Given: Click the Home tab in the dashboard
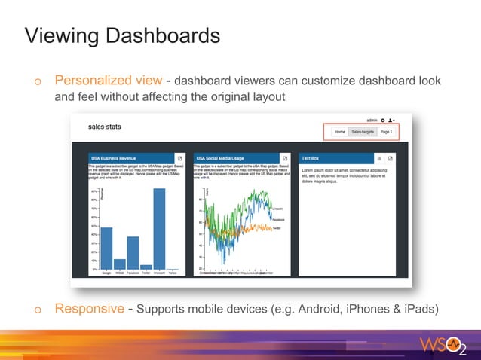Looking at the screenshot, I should tap(340, 132).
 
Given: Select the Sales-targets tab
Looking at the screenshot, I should tap(362, 132).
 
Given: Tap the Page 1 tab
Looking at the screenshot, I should tap(386, 132).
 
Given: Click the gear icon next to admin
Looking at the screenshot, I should tap(383, 120).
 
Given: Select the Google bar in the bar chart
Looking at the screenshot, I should tap(107, 248).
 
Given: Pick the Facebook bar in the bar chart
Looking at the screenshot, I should tap(133, 252).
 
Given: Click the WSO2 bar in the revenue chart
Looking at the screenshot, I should tap(120, 264).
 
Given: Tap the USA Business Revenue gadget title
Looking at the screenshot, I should tap(113, 158).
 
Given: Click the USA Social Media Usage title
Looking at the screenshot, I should tap(219, 158).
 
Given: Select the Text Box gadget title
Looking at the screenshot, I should tap(310, 158).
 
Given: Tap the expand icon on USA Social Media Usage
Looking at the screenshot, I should tap(285, 158).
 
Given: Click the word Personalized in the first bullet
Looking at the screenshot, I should tap(108, 80).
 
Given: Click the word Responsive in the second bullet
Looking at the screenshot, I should tap(89, 309).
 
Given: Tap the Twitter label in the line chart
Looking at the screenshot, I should tap(277, 227).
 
